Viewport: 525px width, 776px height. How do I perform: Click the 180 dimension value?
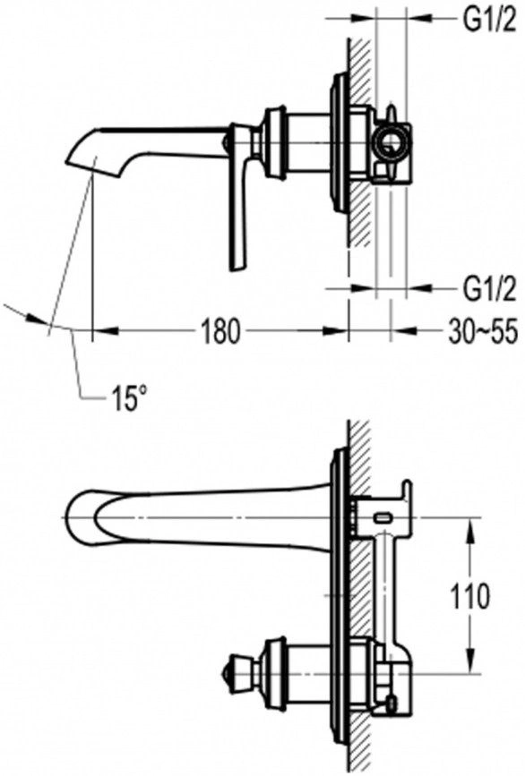[219, 331]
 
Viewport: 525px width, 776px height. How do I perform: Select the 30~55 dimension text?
[483, 331]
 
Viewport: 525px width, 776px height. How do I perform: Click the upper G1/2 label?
[489, 21]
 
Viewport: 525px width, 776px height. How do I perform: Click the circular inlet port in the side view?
[392, 143]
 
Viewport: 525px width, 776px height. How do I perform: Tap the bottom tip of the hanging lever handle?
[237, 268]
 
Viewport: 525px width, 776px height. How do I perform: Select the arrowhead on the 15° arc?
[37, 320]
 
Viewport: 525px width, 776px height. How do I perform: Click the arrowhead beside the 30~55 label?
[404, 331]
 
